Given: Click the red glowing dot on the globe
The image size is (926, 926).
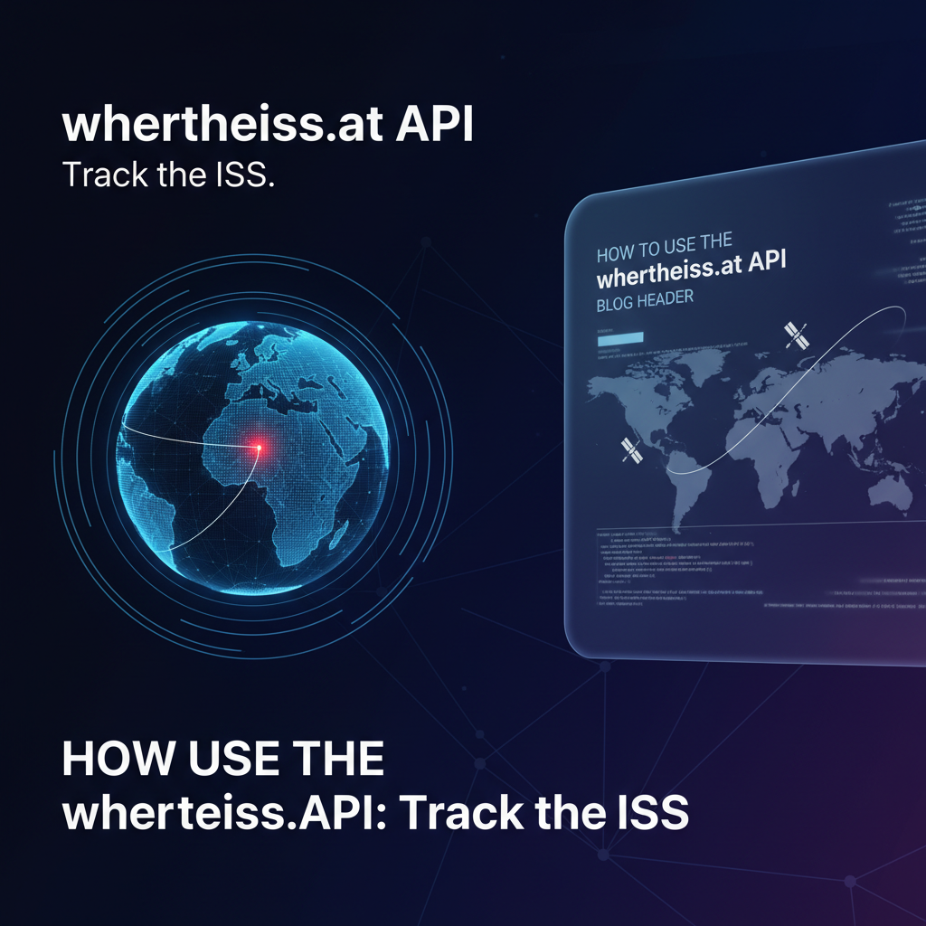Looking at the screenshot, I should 260,447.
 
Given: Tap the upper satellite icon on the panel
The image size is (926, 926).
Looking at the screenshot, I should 797,335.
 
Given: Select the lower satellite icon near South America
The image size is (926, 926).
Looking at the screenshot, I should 630,450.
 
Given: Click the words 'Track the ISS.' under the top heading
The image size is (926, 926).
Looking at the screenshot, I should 168,175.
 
